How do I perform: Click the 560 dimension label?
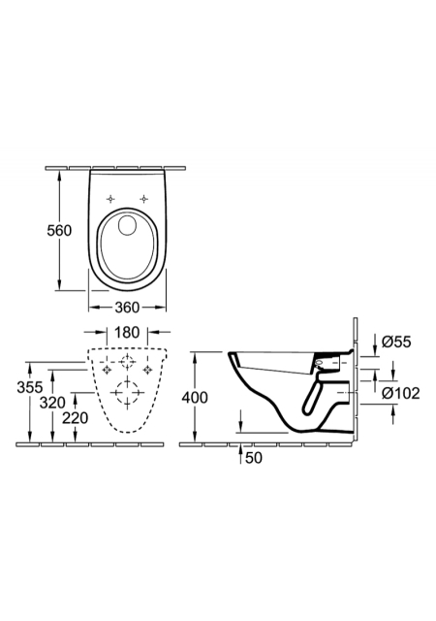[59, 231]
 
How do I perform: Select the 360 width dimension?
[127, 307]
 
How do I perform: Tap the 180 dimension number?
[127, 332]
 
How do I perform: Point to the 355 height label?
[30, 387]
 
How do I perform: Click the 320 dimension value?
[52, 403]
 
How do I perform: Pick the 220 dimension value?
[76, 418]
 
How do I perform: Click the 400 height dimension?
[195, 397]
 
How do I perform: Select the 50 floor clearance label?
[254, 458]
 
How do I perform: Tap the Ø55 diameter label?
[397, 342]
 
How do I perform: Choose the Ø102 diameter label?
[401, 393]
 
